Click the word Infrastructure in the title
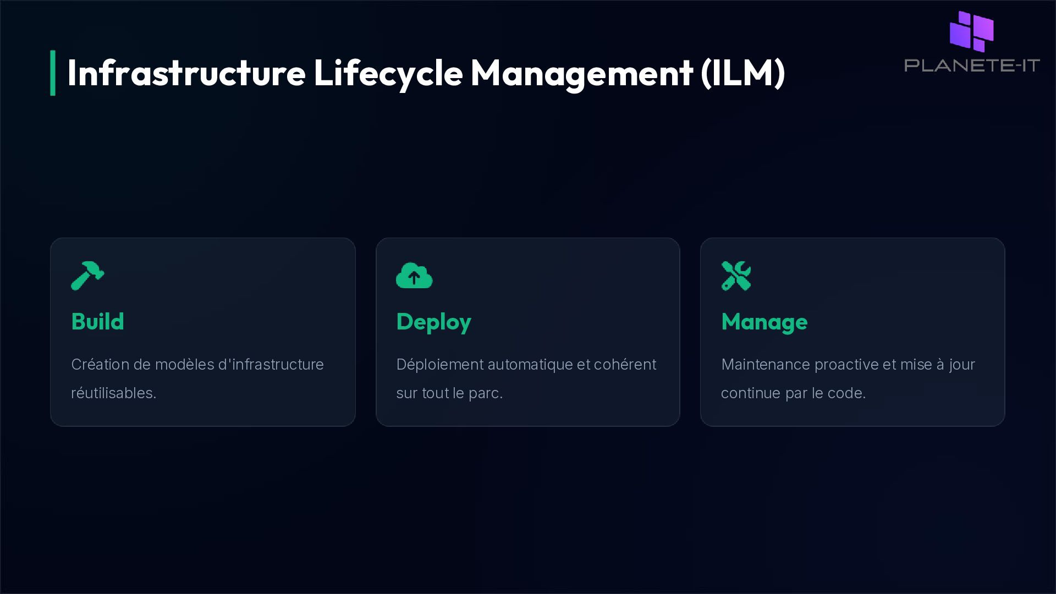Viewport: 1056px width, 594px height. [186, 73]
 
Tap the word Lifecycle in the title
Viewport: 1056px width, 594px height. [388, 73]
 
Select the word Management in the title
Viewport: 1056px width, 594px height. [581, 73]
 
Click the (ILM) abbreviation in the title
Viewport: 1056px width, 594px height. [743, 73]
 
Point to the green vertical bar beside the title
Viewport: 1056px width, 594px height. [53, 73]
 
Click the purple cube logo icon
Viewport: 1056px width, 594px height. [972, 31]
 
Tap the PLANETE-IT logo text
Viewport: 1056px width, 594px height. [972, 65]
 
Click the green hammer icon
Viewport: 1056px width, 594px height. [87, 275]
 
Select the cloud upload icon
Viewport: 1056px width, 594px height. [414, 276]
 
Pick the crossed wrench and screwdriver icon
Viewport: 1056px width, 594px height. [736, 276]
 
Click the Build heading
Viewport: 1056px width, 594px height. [97, 322]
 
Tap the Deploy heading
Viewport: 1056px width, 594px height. [433, 322]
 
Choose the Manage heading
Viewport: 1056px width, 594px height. [764, 322]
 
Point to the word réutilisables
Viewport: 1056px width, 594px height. [113, 393]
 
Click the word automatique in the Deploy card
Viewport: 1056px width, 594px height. [530, 365]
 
